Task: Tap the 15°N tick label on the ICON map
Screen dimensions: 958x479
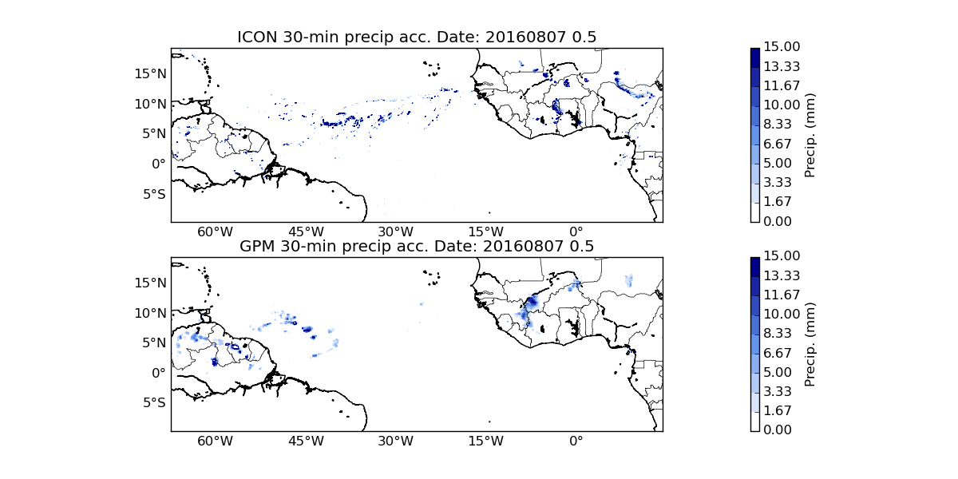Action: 150,73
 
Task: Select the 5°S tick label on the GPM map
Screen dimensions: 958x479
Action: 154,403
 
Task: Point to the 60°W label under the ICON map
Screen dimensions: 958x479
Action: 215,232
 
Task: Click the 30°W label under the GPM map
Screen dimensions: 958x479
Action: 396,441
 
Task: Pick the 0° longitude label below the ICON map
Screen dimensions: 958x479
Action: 576,232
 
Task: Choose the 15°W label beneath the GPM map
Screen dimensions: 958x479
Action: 486,441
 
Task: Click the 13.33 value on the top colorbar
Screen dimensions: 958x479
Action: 782,66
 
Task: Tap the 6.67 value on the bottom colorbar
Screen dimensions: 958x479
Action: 777,353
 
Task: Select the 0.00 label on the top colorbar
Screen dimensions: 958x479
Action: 777,221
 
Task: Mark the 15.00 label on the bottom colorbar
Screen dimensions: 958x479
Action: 782,255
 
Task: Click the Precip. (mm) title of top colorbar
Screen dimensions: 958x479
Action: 810,135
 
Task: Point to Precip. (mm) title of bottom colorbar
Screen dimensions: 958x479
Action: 810,344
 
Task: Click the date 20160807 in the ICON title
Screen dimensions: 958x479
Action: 525,38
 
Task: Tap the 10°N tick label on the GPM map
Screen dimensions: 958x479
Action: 150,313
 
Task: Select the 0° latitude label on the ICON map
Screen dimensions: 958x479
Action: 158,164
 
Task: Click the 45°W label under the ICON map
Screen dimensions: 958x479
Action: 306,232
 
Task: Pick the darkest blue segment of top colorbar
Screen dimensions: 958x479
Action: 755,57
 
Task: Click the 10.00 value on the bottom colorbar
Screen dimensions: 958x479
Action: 782,314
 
